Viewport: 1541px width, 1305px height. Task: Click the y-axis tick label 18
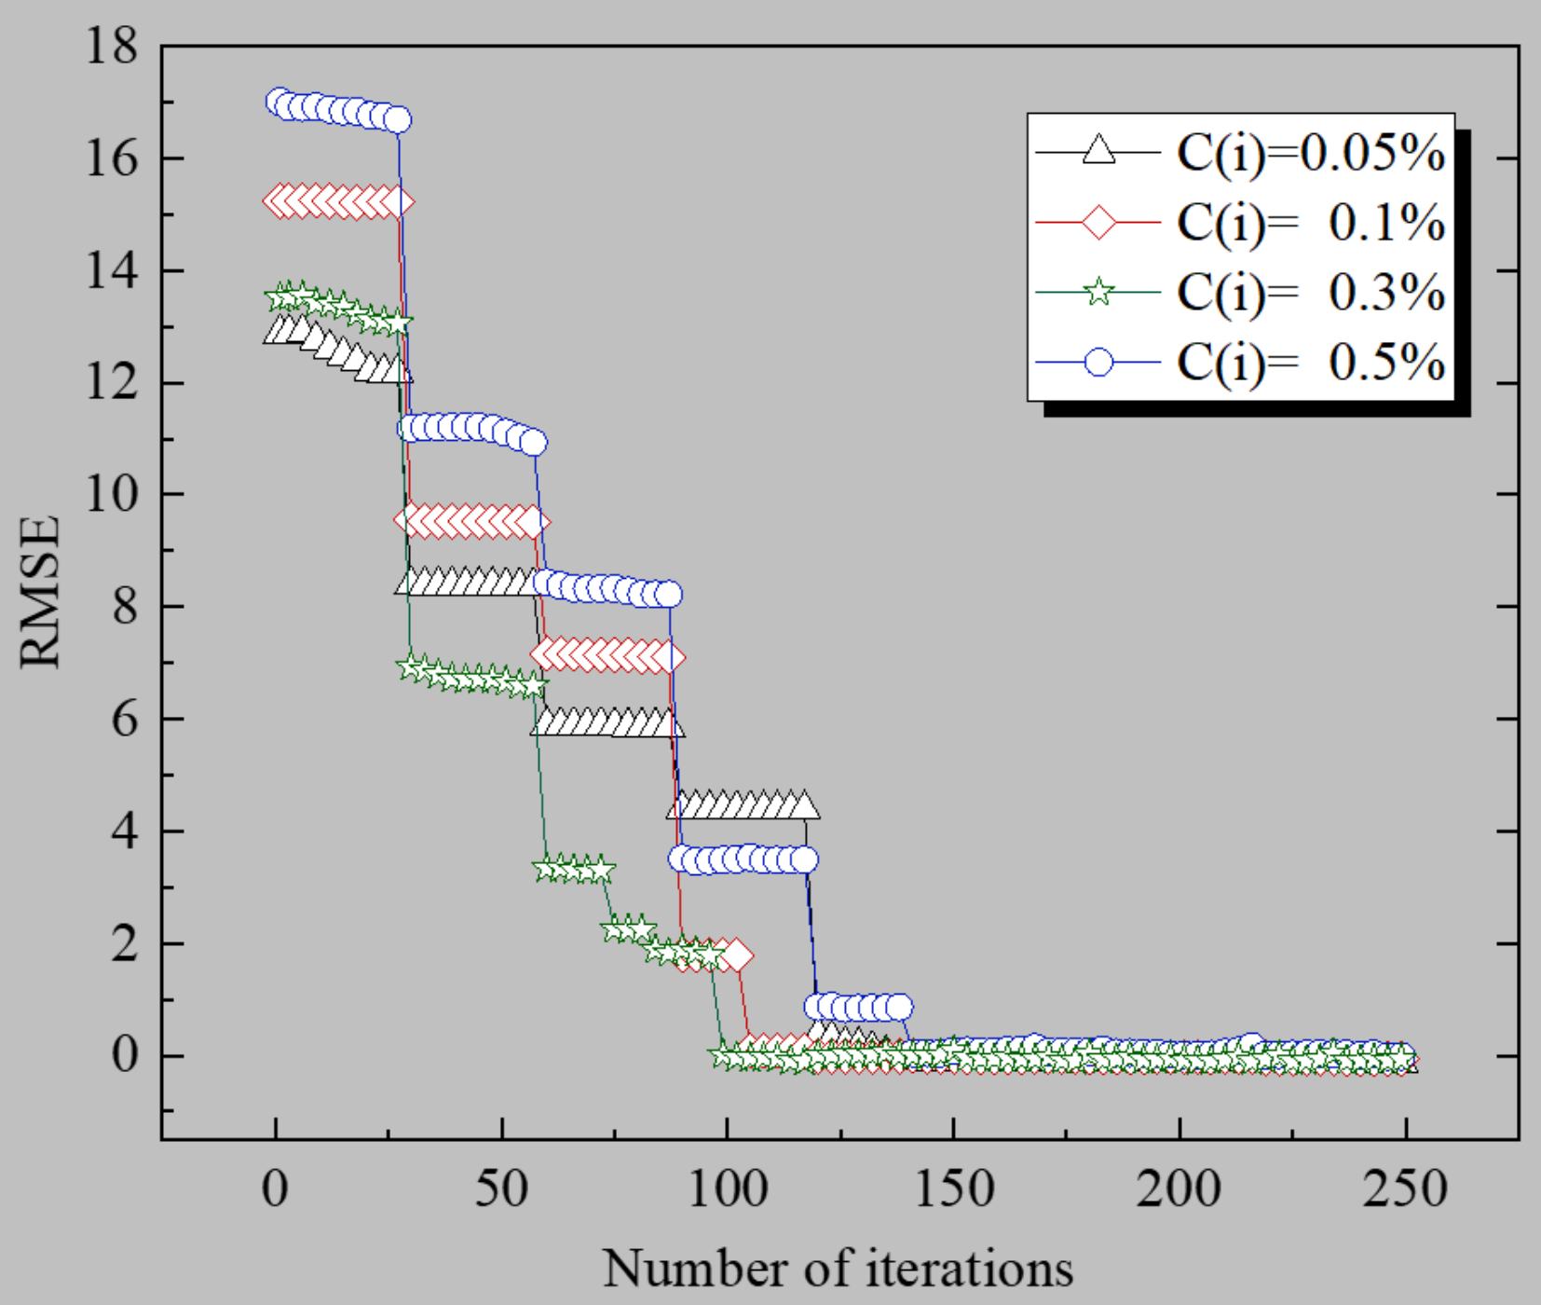click(112, 46)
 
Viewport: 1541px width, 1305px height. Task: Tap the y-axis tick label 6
click(124, 719)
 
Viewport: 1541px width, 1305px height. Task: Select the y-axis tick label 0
click(124, 1055)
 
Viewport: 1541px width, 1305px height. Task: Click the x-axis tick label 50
click(502, 1190)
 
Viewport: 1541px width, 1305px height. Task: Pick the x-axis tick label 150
click(953, 1190)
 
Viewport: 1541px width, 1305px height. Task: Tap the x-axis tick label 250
click(1405, 1190)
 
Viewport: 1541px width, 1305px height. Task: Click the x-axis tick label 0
click(275, 1190)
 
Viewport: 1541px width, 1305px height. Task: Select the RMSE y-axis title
click(40, 592)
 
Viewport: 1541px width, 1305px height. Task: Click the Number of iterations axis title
click(838, 1269)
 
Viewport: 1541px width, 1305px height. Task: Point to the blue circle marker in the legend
click(1099, 362)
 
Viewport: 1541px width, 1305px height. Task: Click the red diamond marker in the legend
click(1099, 224)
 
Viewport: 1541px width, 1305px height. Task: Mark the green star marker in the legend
click(1099, 293)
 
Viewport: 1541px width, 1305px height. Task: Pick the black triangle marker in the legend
click(1099, 151)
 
